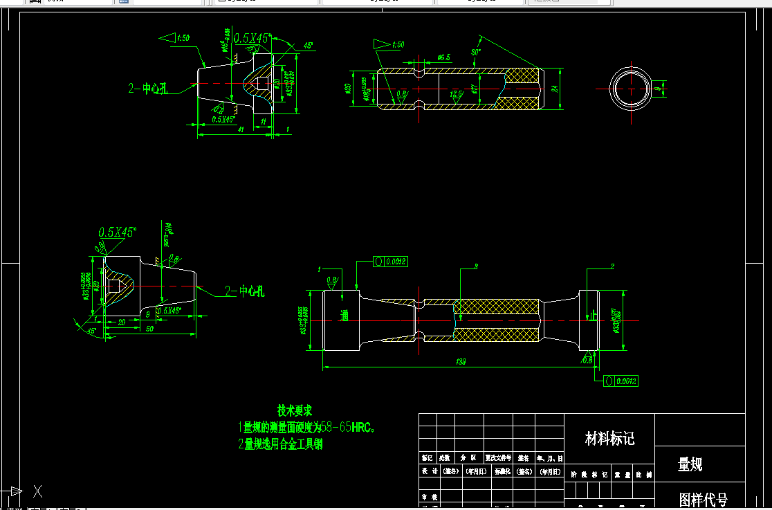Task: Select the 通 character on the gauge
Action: (344, 316)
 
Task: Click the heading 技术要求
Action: (295, 410)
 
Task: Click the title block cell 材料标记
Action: (609, 439)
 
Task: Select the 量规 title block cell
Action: (690, 465)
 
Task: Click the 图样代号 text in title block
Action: (703, 499)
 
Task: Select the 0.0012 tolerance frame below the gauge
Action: (621, 381)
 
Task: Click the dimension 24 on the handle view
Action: (554, 89)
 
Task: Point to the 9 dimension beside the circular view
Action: (659, 89)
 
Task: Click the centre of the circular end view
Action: (631, 89)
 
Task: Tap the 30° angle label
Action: (475, 53)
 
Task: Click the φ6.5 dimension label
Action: (443, 58)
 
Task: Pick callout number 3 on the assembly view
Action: (476, 266)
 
